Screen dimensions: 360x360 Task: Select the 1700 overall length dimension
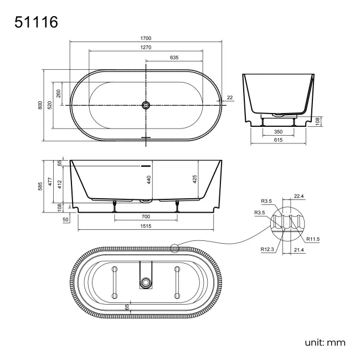pos(146,38)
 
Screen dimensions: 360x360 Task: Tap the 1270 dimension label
pos(146,48)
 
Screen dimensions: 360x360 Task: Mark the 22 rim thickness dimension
pos(229,98)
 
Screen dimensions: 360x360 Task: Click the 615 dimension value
pos(278,141)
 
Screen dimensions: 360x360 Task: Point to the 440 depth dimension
pos(149,179)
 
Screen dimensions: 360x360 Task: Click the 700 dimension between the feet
pos(146,216)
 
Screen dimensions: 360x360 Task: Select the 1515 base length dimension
pos(146,226)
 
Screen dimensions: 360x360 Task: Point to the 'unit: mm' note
pos(325,342)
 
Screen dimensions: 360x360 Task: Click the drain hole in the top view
pos(146,105)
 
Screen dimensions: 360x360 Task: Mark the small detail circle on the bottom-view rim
pos(175,249)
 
